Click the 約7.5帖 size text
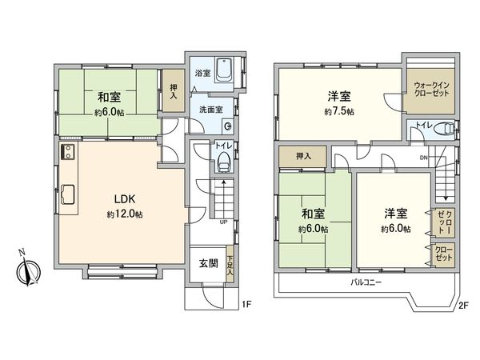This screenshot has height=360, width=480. (338, 111)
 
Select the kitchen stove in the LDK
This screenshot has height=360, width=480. (67, 152)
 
